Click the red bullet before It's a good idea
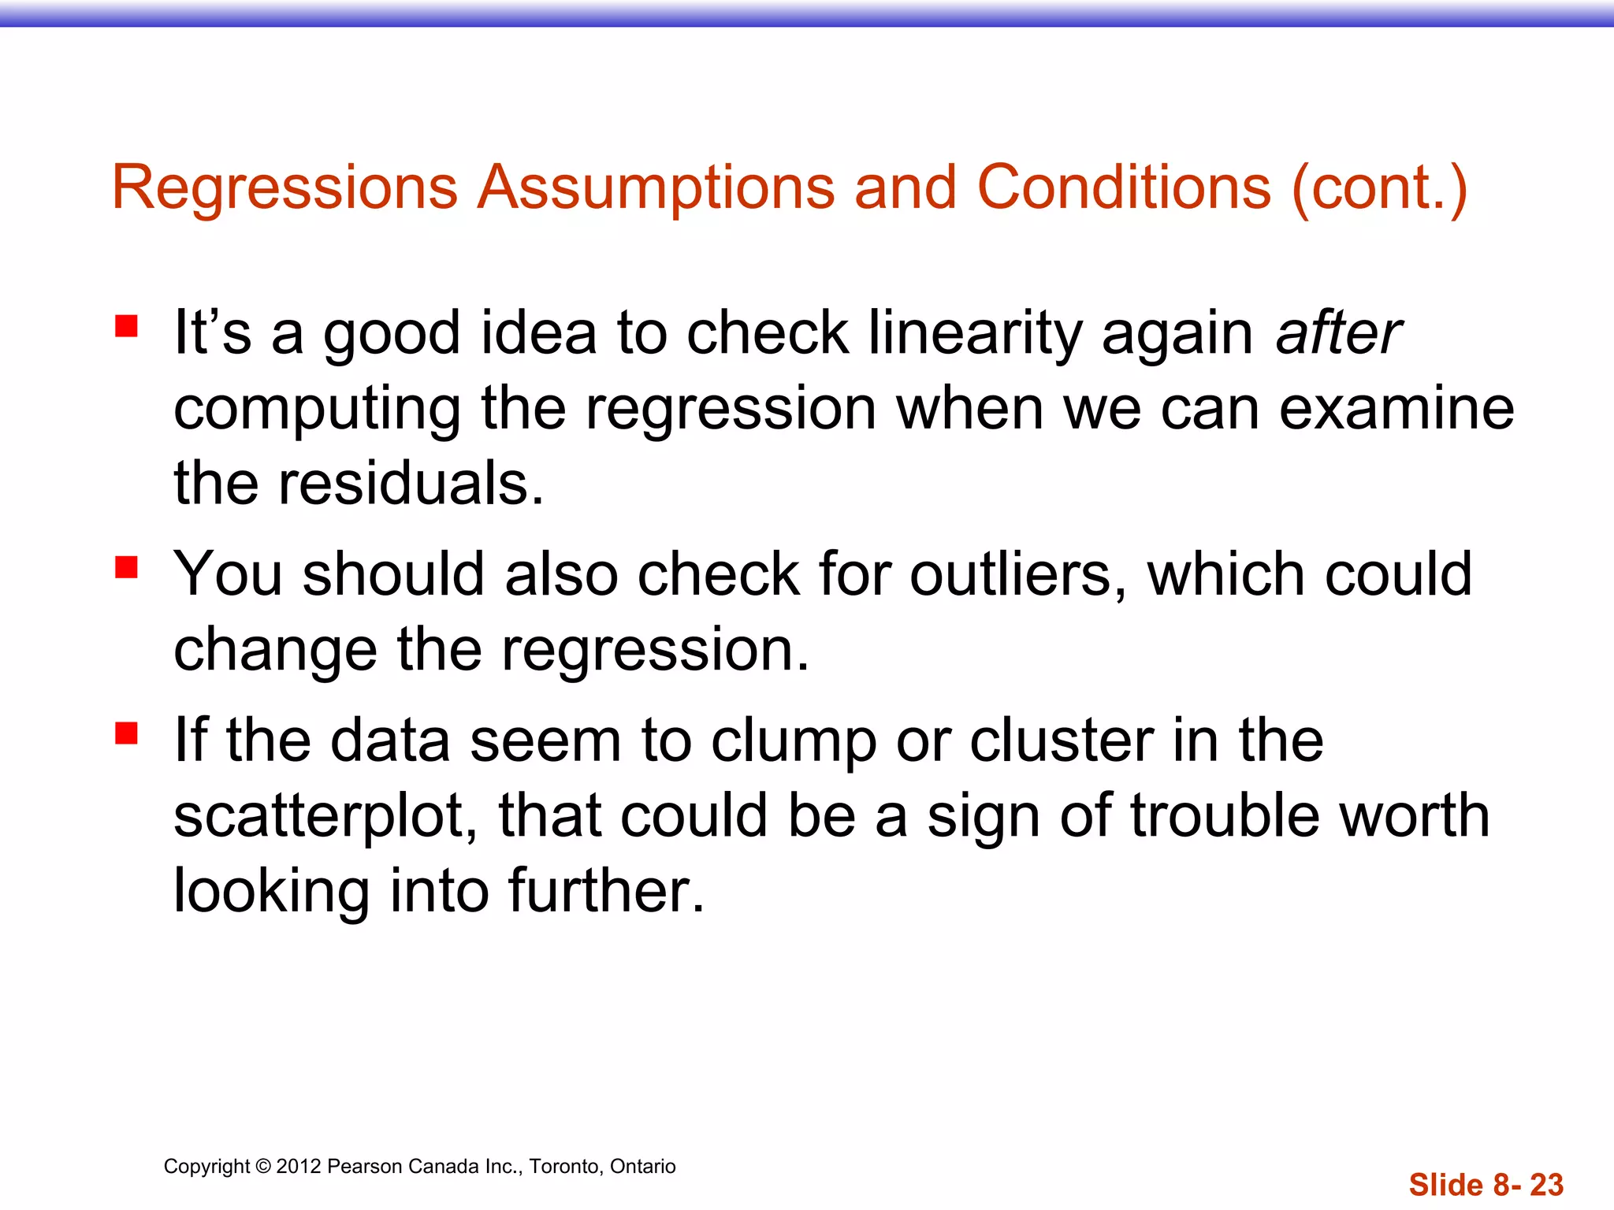[126, 326]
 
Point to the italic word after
[1339, 333]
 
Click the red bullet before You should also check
[126, 566]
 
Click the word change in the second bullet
[275, 650]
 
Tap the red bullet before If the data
[126, 733]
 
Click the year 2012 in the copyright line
[298, 1167]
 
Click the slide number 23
[1546, 1185]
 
